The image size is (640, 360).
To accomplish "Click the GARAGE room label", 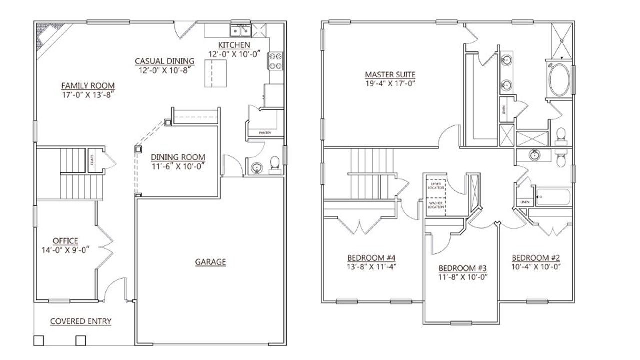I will [210, 262].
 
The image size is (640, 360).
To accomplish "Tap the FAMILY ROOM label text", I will [88, 85].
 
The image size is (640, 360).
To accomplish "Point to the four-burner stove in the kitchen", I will [275, 61].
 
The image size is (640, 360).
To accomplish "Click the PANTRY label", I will [265, 133].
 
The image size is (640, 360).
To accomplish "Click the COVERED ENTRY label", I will [81, 321].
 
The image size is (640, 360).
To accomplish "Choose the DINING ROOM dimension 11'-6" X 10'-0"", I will [178, 166].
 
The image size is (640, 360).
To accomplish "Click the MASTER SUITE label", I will [390, 75].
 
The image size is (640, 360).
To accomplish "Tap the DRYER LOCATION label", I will [435, 186].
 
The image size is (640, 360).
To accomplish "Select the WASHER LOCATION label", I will [435, 205].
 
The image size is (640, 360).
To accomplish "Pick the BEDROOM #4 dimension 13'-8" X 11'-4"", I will [371, 266].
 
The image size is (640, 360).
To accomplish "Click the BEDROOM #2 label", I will [535, 258].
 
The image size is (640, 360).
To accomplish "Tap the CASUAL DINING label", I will [164, 62].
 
